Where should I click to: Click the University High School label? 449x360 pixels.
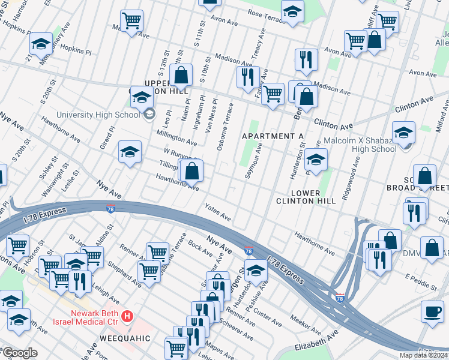tap(98, 115)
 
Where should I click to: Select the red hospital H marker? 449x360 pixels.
tap(127, 316)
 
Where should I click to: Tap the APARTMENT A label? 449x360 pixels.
tap(272, 136)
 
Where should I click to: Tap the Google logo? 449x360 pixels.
tap(20, 353)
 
